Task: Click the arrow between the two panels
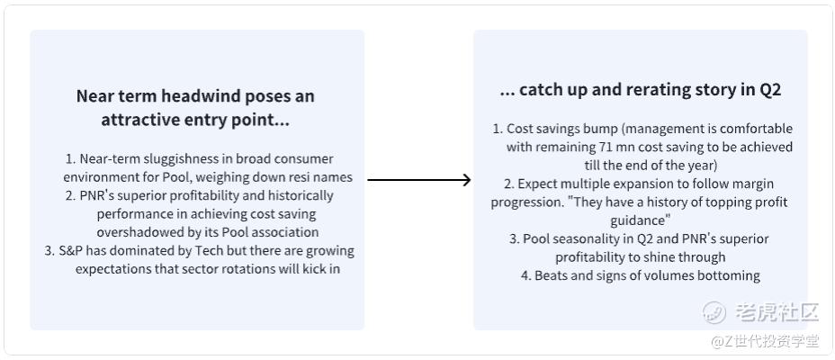click(419, 180)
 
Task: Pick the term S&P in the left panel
click(71, 251)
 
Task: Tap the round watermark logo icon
click(714, 312)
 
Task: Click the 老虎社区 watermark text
click(777, 312)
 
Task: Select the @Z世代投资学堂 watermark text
click(765, 341)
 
